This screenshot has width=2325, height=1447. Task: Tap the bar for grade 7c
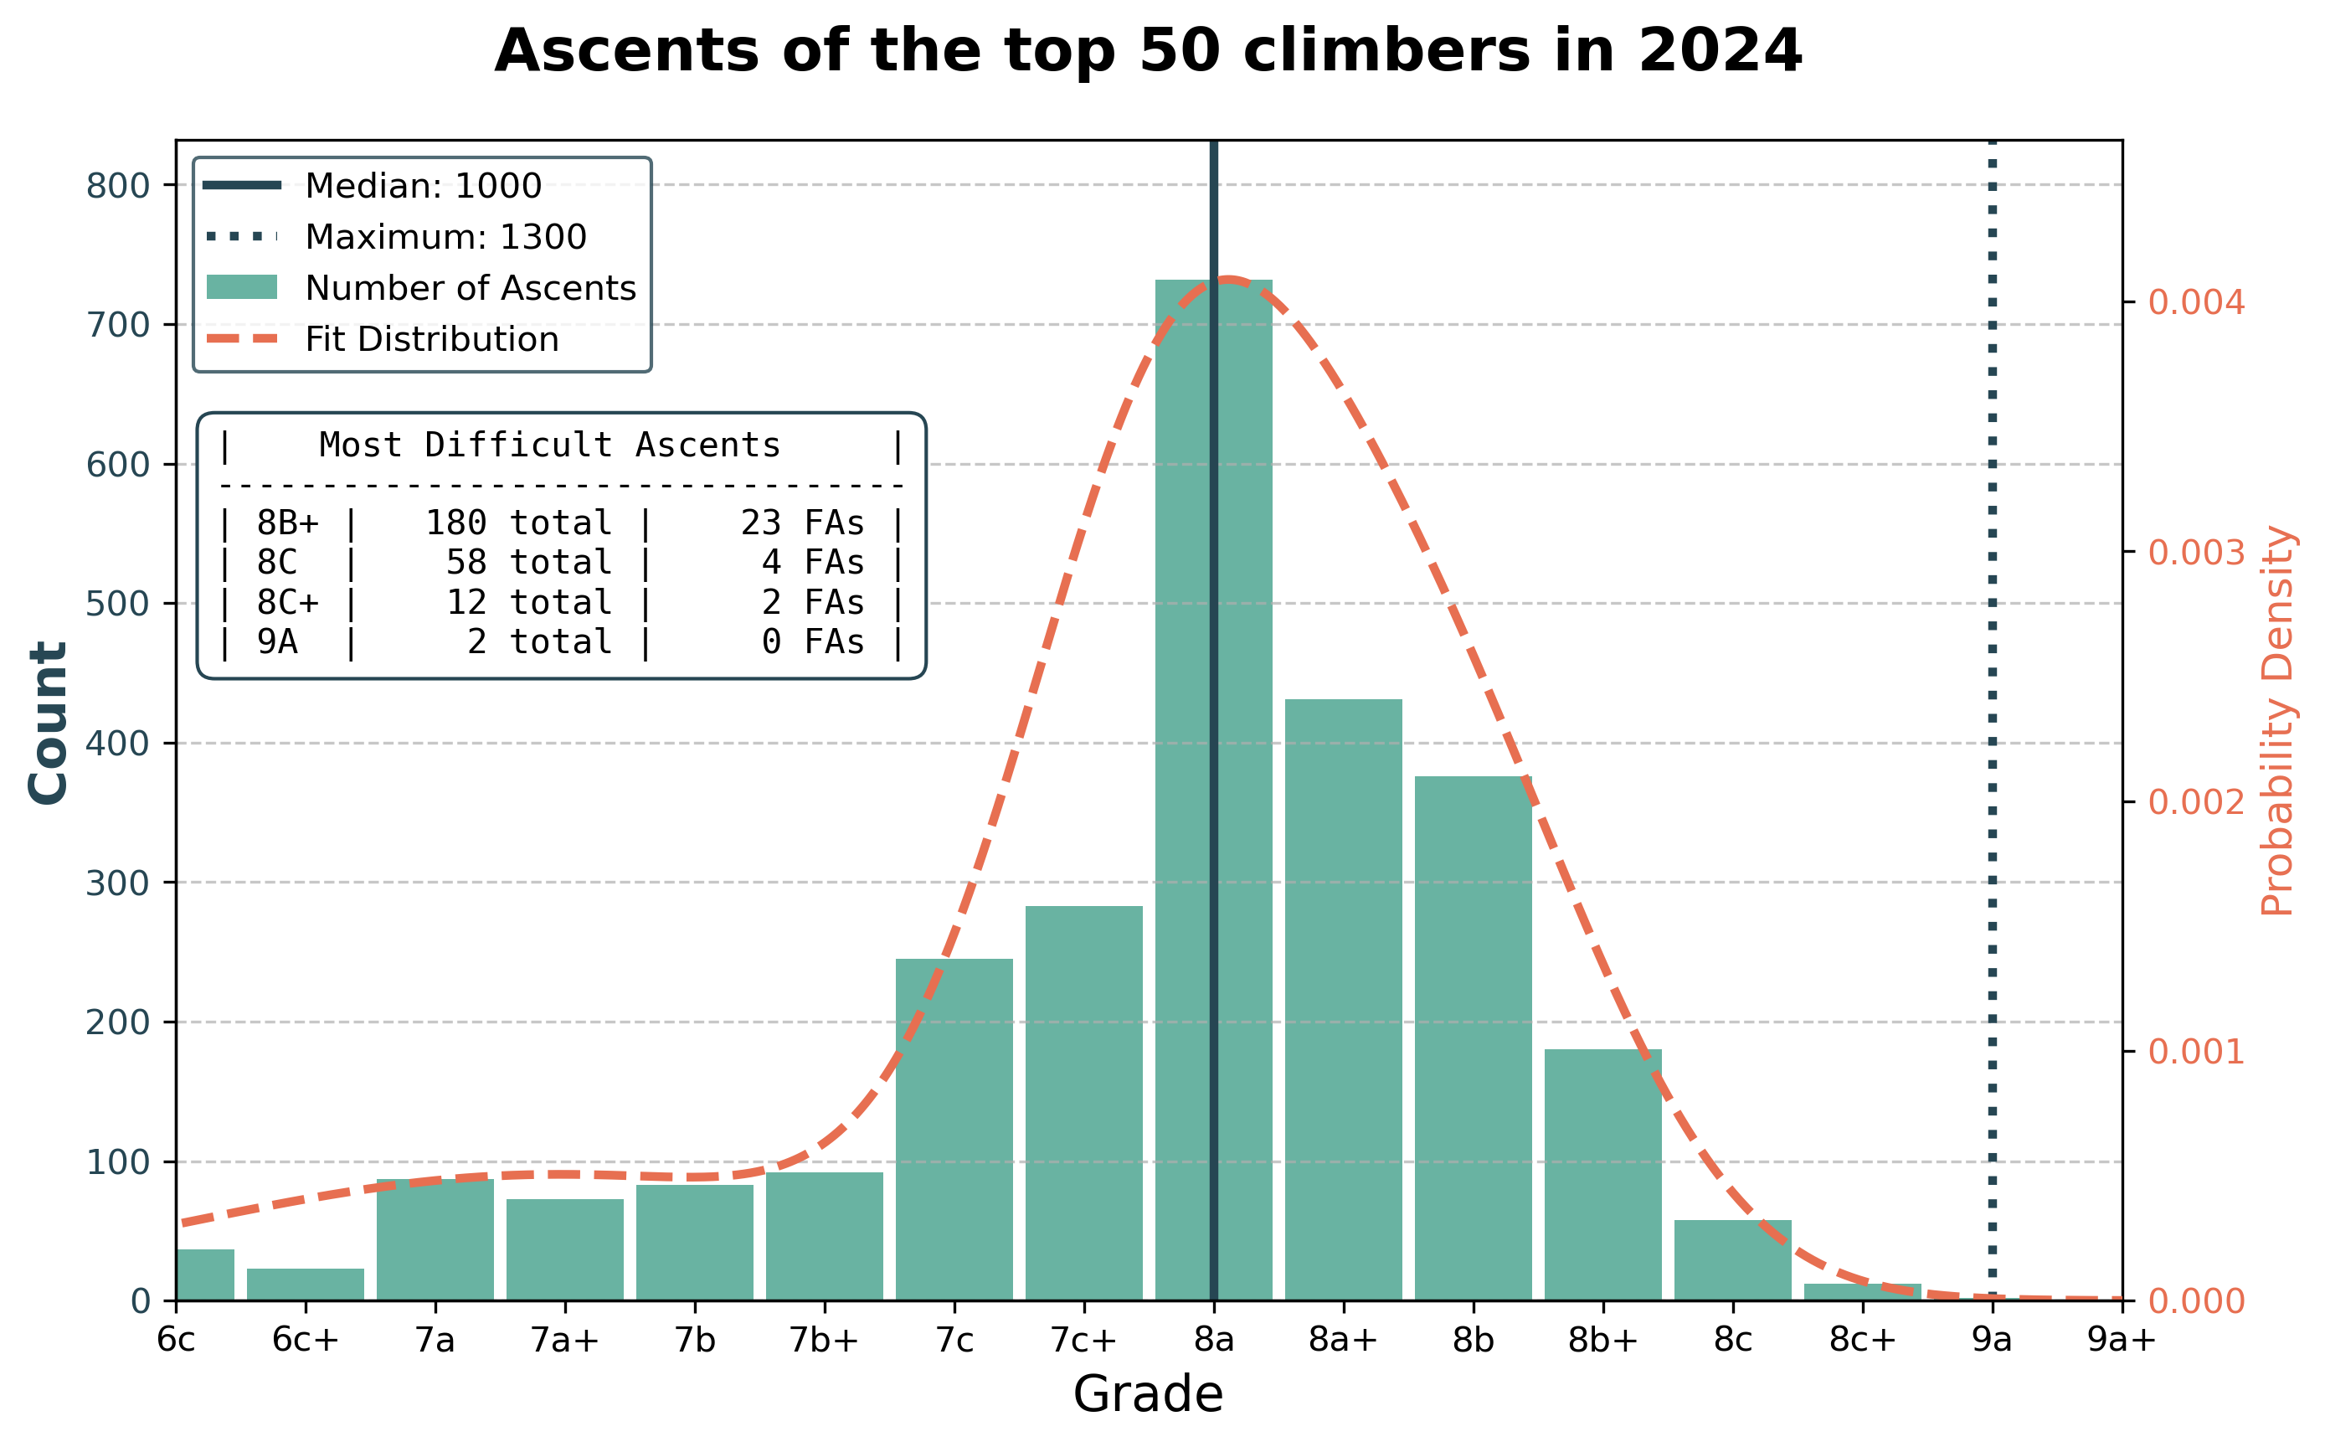pyautogui.click(x=954, y=1130)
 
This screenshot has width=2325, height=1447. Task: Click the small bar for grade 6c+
pyautogui.click(x=306, y=1285)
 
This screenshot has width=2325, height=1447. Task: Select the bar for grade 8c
pyautogui.click(x=1733, y=1260)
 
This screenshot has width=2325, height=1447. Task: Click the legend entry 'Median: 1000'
pyautogui.click(x=423, y=186)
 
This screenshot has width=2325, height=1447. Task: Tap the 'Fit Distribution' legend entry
pyautogui.click(x=431, y=340)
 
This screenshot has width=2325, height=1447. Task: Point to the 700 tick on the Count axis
pyautogui.click(x=119, y=326)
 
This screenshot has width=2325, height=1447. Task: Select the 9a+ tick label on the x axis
pyautogui.click(x=2122, y=1341)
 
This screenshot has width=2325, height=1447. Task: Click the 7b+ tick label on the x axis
pyautogui.click(x=824, y=1341)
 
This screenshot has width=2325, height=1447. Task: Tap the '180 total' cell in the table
pyautogui.click(x=517, y=523)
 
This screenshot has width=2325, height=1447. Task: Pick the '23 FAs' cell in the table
pyautogui.click(x=802, y=523)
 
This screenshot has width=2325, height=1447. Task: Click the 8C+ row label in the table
pyautogui.click(x=287, y=603)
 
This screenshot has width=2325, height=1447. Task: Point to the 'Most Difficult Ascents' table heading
pyautogui.click(x=549, y=445)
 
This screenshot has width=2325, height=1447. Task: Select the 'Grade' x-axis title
pyautogui.click(x=1148, y=1394)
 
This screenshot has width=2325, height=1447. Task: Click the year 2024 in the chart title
pyautogui.click(x=1721, y=51)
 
